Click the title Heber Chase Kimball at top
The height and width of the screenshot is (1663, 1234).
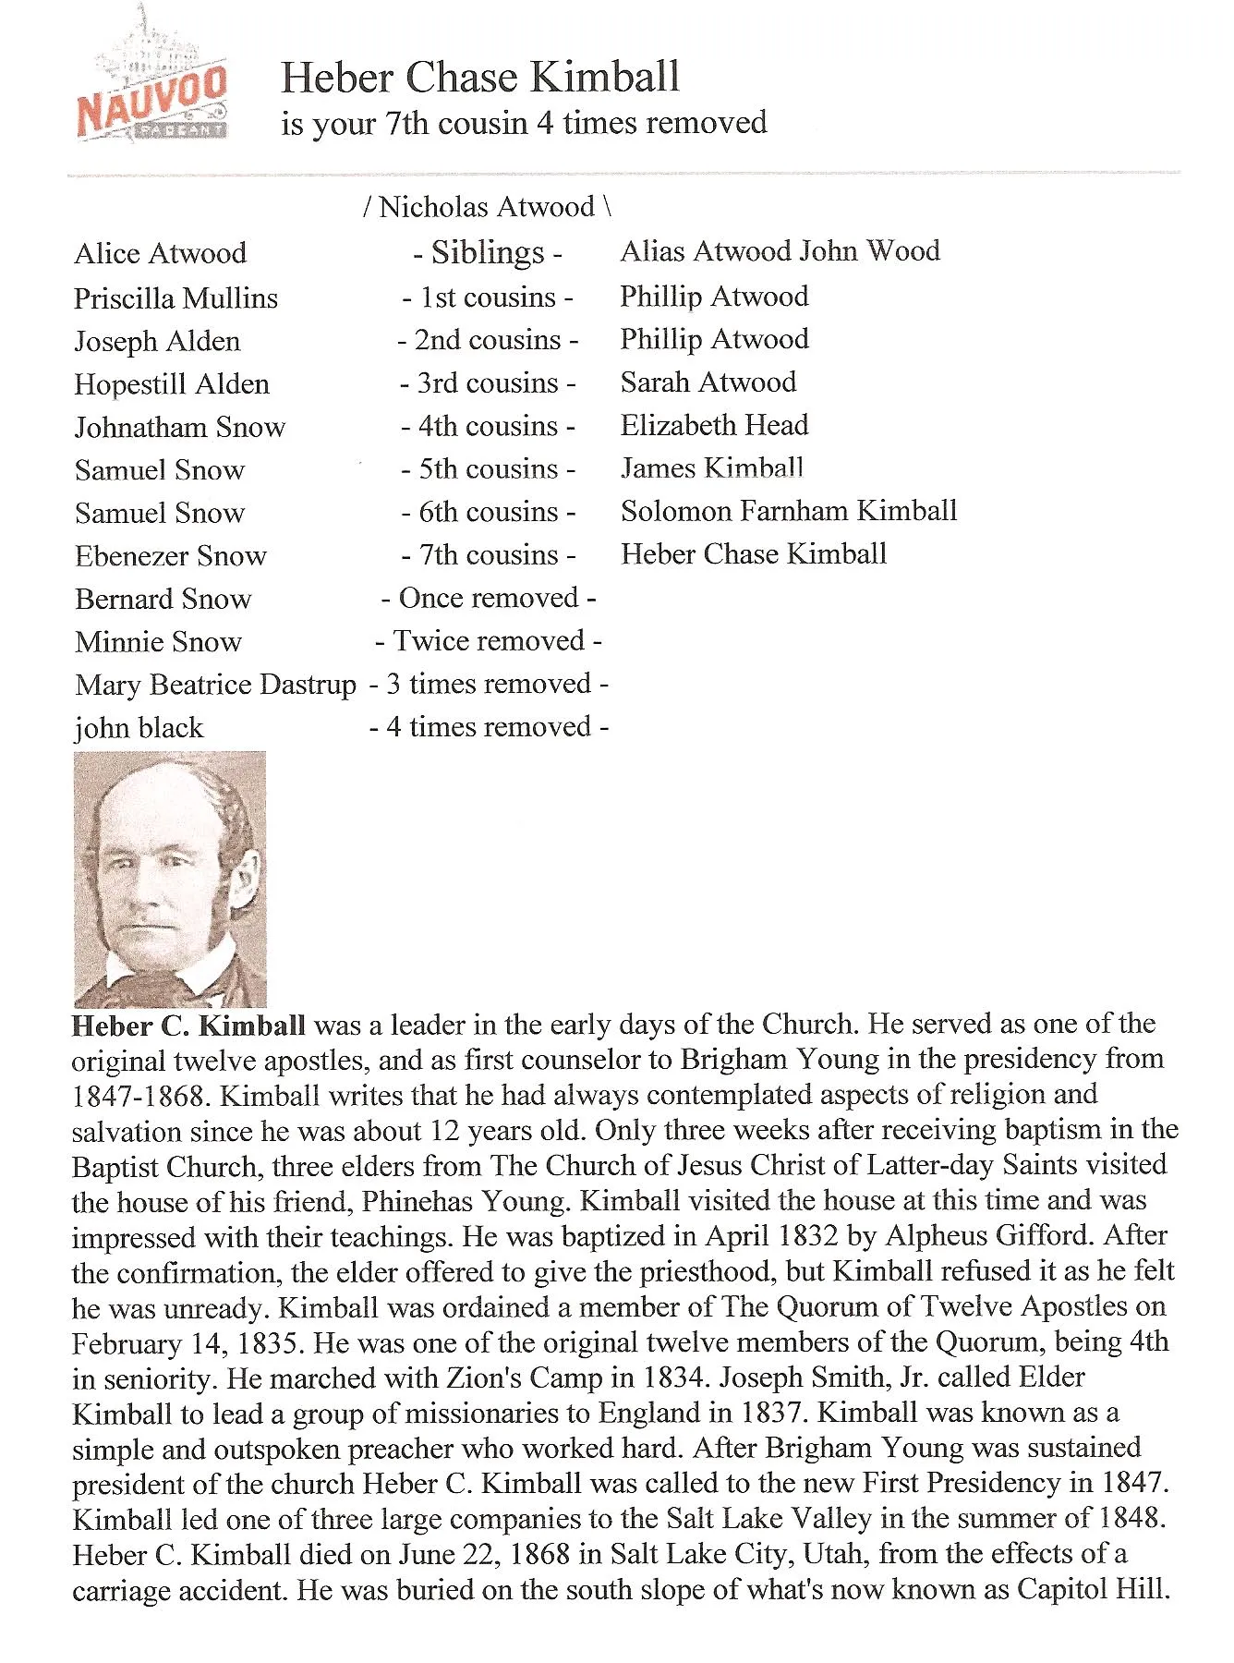(x=480, y=78)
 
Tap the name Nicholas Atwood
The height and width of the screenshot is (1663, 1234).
(x=487, y=207)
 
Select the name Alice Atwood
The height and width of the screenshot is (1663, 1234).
(x=161, y=253)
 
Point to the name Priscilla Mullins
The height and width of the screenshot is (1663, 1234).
(x=175, y=298)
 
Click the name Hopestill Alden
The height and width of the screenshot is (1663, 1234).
(x=172, y=384)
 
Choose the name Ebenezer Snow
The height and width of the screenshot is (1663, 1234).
(x=171, y=556)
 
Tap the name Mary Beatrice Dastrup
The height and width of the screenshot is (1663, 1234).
(x=215, y=685)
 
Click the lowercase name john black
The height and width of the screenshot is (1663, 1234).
(x=139, y=728)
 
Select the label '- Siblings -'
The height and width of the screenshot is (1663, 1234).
(x=488, y=252)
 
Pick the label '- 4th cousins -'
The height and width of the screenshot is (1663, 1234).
(x=488, y=426)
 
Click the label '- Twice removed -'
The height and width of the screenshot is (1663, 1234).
(x=489, y=641)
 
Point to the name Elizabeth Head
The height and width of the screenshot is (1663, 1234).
(x=714, y=425)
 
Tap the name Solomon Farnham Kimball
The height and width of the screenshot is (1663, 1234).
(x=789, y=511)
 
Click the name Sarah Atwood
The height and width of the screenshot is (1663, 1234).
(x=708, y=382)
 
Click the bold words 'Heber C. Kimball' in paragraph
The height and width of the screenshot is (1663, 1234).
(x=188, y=1026)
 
